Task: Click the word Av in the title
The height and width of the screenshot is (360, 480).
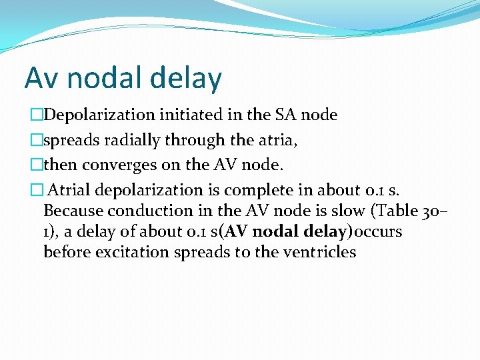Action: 41,79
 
